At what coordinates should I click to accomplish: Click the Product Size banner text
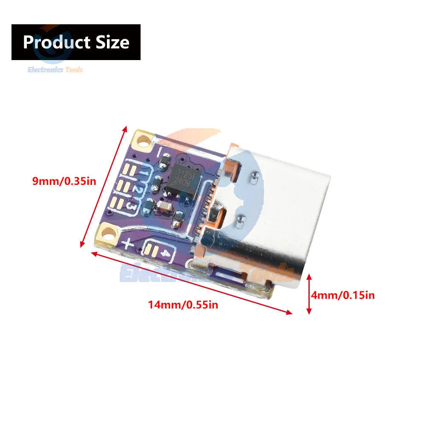pyautogui.click(x=76, y=42)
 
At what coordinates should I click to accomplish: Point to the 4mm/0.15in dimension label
pyautogui.click(x=343, y=294)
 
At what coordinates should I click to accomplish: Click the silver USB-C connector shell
pyautogui.click(x=273, y=204)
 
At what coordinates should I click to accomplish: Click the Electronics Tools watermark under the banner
pyautogui.click(x=55, y=69)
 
